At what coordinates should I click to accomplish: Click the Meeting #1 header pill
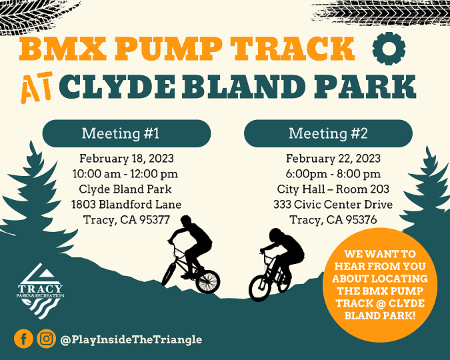pyautogui.click(x=120, y=133)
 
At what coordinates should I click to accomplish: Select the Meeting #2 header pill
pyautogui.click(x=328, y=133)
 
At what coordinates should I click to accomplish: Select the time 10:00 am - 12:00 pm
pyautogui.click(x=125, y=174)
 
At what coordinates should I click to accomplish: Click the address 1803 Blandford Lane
pyautogui.click(x=126, y=205)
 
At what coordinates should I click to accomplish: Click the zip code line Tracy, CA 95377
pyautogui.click(x=127, y=220)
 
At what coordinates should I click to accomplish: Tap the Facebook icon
pyautogui.click(x=23, y=339)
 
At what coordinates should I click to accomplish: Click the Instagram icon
pyautogui.click(x=46, y=339)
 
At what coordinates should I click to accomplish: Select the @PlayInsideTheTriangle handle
pyautogui.click(x=131, y=339)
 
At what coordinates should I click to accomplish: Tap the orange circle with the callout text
pyautogui.click(x=379, y=285)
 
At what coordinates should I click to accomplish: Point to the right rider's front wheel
pyautogui.click(x=259, y=287)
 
